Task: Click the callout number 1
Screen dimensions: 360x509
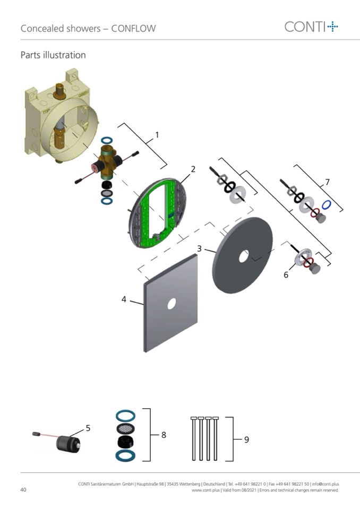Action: (x=157, y=135)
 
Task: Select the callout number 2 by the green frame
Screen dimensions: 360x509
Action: (x=193, y=169)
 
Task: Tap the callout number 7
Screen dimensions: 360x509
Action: (x=327, y=182)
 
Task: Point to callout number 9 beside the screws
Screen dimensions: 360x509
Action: (x=247, y=439)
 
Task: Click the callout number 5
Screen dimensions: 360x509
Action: (x=88, y=428)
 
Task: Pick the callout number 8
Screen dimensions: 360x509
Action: (x=164, y=435)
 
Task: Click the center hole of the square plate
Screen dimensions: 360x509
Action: (x=172, y=304)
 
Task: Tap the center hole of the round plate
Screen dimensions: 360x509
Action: (x=244, y=257)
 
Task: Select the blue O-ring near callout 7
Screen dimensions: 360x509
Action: (x=327, y=205)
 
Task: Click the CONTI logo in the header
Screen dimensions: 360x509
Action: (x=311, y=27)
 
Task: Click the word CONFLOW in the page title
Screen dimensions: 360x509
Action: (x=133, y=29)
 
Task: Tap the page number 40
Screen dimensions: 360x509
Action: (x=23, y=489)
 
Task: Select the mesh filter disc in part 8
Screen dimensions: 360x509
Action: (x=126, y=429)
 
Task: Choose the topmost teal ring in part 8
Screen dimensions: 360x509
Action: (x=126, y=416)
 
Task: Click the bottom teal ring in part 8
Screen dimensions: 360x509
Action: (x=126, y=455)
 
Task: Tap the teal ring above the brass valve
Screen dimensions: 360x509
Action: (x=107, y=141)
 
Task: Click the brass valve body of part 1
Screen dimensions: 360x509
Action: (x=107, y=162)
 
